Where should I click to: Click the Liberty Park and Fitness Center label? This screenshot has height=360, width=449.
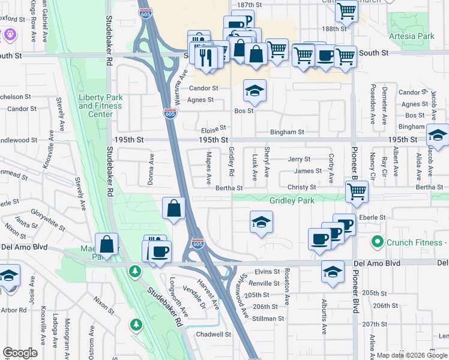pos(100,106)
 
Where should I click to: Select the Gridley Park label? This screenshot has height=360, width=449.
pos(292,201)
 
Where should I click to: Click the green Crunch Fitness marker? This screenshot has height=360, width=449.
pos(378,242)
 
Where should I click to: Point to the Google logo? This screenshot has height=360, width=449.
pos(20,353)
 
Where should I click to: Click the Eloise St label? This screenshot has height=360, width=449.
pos(213,128)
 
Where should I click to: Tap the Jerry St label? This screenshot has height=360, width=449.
pos(299,160)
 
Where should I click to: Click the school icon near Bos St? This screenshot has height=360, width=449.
pos(255,91)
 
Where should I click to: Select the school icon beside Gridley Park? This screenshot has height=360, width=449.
pos(262,222)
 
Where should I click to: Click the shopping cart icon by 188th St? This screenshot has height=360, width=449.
pos(346,10)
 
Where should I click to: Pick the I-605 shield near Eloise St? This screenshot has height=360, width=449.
pos(170,113)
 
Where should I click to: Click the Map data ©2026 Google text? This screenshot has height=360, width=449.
pos(411,355)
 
